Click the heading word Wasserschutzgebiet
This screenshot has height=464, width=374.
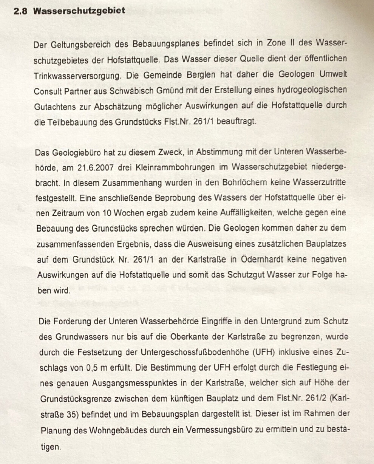(x=79, y=11)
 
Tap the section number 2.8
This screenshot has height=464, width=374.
(x=21, y=11)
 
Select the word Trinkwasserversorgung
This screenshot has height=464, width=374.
(x=77, y=76)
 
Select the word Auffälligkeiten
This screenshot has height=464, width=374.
(x=242, y=213)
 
